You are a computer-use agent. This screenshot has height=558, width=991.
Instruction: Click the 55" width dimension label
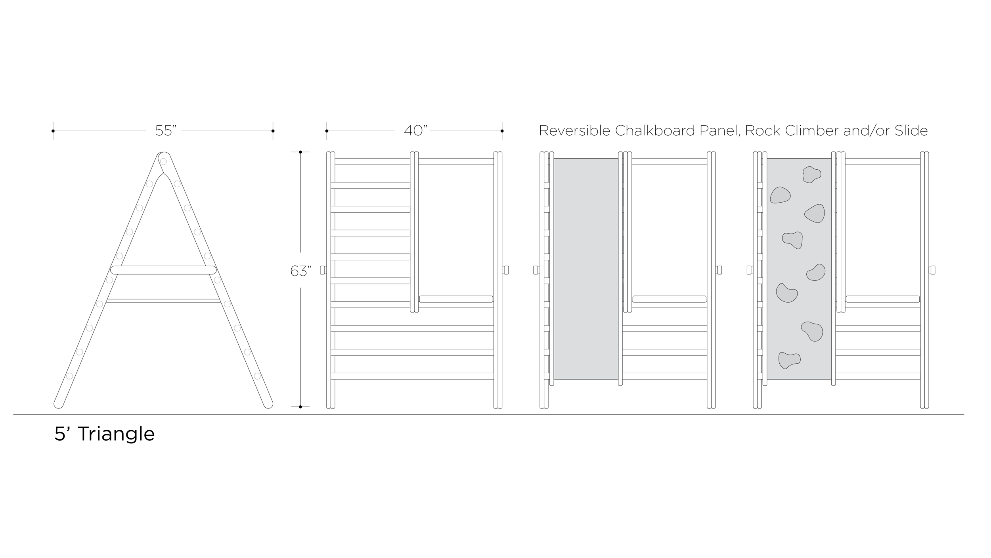click(x=166, y=130)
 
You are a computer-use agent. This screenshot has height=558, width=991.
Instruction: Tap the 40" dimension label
click(x=416, y=130)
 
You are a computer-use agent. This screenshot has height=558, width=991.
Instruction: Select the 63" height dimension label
click(x=301, y=271)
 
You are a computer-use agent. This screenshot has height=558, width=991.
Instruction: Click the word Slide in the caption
click(x=911, y=130)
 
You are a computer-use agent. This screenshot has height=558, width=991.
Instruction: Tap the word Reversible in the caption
click(x=575, y=130)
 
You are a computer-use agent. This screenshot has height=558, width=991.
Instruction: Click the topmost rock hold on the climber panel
click(x=812, y=174)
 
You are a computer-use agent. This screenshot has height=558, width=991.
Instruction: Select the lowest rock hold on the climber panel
click(x=789, y=360)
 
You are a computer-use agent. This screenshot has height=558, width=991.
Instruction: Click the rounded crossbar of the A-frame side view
click(x=163, y=270)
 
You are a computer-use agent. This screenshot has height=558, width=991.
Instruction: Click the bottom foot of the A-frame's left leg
click(x=59, y=404)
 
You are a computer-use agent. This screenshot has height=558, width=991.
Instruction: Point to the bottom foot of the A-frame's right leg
click(x=268, y=404)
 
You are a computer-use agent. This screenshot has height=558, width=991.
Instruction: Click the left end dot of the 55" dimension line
click(x=53, y=131)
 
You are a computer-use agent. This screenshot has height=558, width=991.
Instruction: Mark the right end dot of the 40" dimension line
click(x=502, y=131)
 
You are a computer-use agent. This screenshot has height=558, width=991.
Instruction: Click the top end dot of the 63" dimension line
click(x=300, y=152)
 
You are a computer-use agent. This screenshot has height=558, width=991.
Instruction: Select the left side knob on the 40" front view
click(x=323, y=270)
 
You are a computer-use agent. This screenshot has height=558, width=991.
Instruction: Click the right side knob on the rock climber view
click(x=932, y=270)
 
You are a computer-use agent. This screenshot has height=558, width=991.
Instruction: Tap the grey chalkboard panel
click(x=586, y=269)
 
